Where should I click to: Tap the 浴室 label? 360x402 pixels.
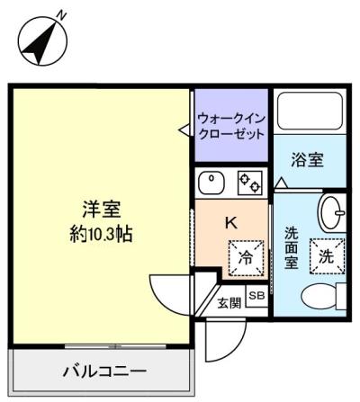click(307, 160)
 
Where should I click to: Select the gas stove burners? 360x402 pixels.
click(249, 182)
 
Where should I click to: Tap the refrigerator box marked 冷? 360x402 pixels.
click(245, 256)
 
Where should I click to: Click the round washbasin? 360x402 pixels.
click(331, 211)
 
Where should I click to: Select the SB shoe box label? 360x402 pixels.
click(256, 295)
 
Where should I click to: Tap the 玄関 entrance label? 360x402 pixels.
click(229, 302)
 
